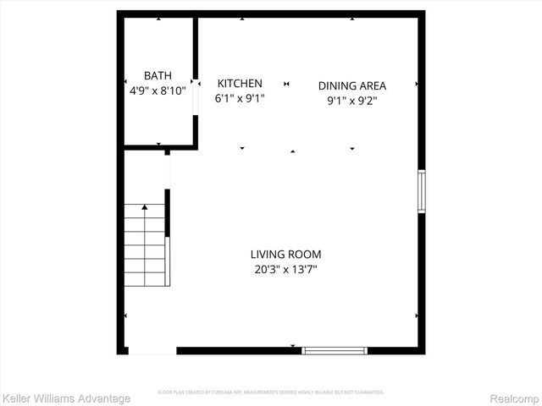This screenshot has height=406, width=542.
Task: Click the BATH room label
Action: tap(158, 75)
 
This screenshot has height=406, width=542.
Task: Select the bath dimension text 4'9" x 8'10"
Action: tap(158, 91)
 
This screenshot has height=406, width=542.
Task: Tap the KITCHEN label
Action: tap(240, 83)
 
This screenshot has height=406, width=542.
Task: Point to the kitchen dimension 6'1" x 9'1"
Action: tap(240, 98)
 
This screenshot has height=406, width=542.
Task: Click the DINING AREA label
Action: tap(352, 85)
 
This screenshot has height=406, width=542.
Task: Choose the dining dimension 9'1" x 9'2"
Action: tap(352, 101)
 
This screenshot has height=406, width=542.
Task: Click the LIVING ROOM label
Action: tap(285, 254)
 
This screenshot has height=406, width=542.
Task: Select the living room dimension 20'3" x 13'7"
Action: tap(285, 269)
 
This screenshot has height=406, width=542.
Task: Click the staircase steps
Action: tap(145, 246)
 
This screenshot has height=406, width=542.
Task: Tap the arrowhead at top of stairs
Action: tap(145, 206)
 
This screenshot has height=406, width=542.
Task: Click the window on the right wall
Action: tap(421, 191)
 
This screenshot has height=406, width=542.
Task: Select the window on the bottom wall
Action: tap(335, 349)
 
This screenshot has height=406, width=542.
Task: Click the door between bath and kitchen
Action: tap(196, 96)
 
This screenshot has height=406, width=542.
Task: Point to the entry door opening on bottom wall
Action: tap(152, 349)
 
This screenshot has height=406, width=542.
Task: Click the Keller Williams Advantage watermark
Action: tap(67, 398)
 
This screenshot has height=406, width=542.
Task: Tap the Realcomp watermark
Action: tap(513, 398)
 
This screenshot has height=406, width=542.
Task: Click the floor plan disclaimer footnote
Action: tap(271, 392)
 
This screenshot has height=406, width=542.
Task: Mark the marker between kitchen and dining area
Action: tap(287, 84)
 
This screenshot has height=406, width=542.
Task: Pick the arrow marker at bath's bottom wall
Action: tap(159, 145)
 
